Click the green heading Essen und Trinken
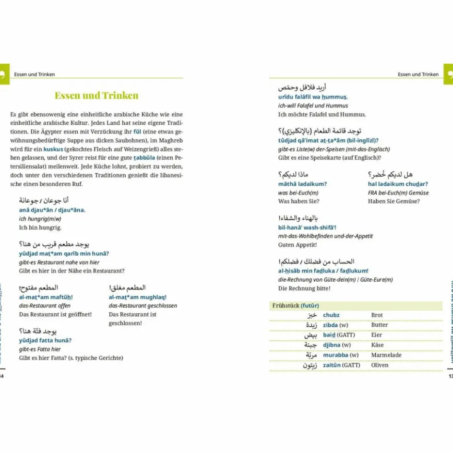(x=96, y=95)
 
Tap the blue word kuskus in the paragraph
(x=53, y=149)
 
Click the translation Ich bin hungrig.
(x=40, y=227)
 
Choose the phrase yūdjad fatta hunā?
(x=45, y=340)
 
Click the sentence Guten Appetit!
(x=297, y=245)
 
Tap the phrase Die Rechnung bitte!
(x=304, y=288)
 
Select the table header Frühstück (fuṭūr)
(x=295, y=306)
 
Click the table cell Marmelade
(x=386, y=355)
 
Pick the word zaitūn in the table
(x=332, y=365)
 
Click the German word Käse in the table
(x=377, y=345)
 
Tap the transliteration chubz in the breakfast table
(x=331, y=315)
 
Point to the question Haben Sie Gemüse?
(x=393, y=201)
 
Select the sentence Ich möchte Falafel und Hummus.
(x=322, y=114)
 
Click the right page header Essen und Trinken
(x=418, y=74)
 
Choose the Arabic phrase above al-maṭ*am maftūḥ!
(x=38, y=288)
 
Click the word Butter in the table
(x=379, y=325)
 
